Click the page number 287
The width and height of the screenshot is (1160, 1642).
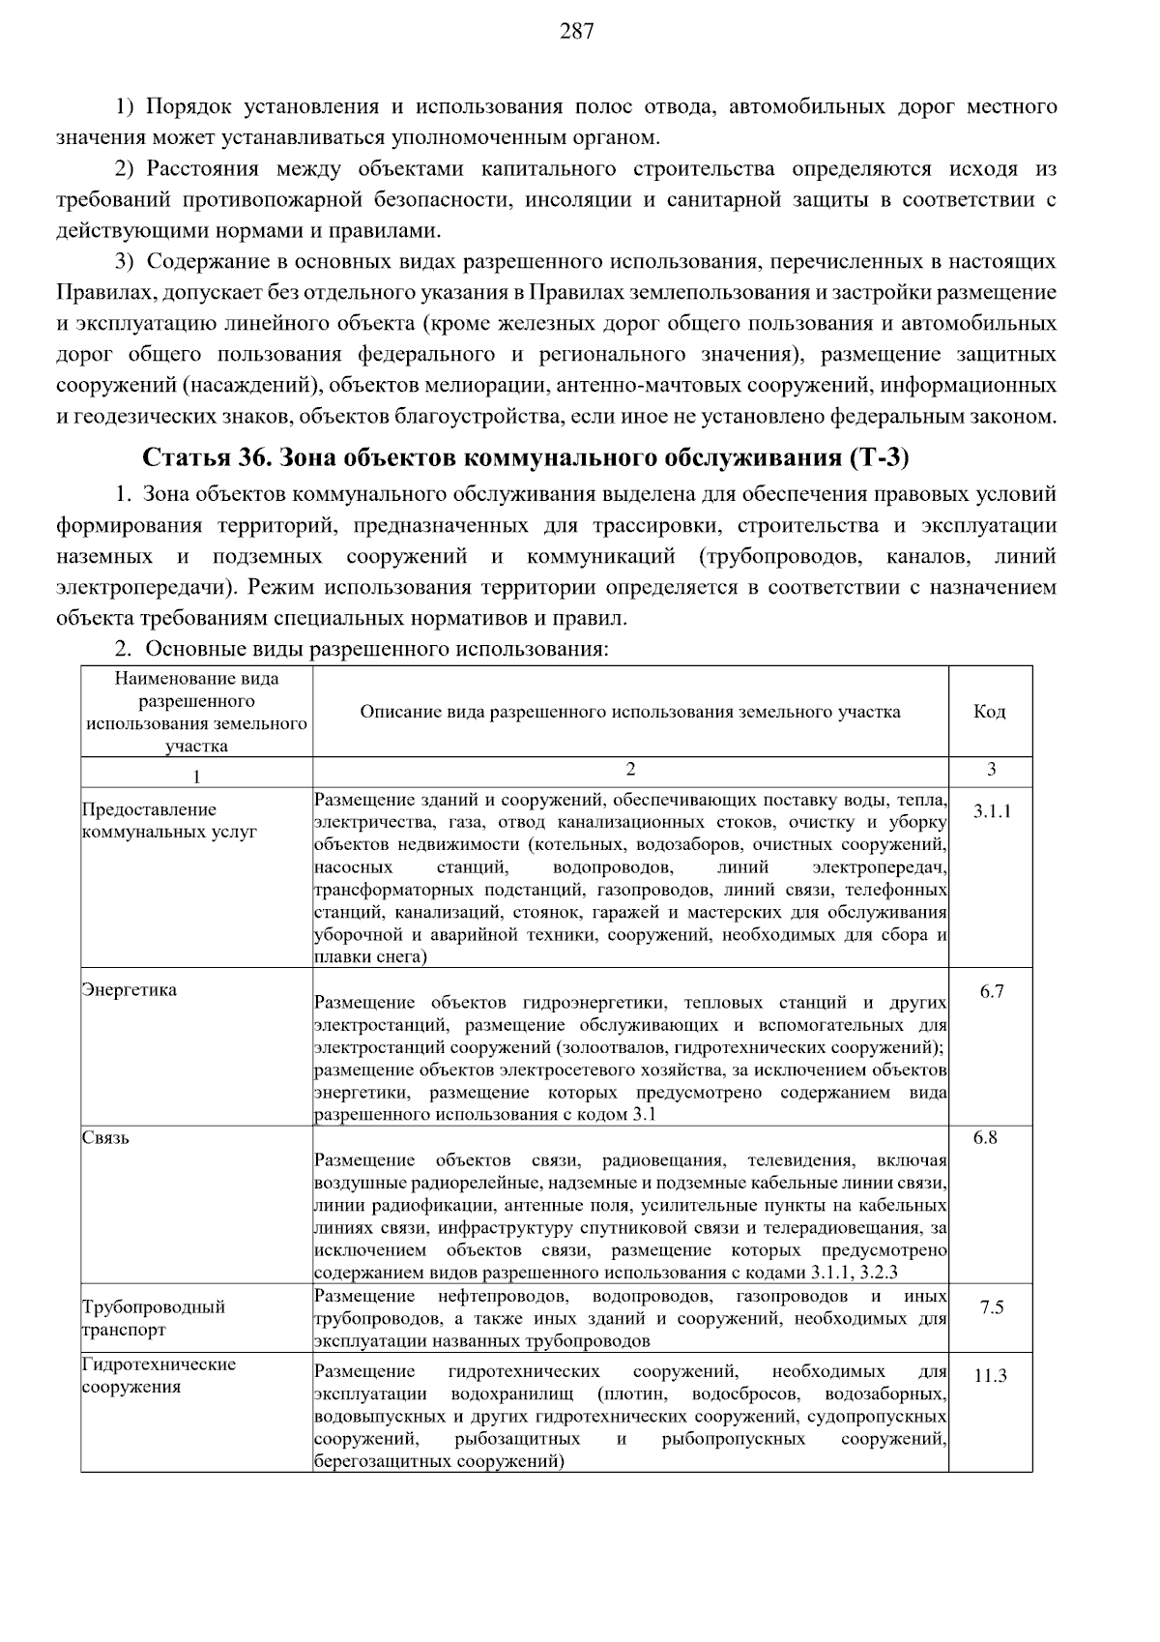(x=576, y=32)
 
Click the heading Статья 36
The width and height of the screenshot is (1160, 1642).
(x=199, y=456)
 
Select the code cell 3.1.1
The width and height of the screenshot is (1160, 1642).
(x=991, y=810)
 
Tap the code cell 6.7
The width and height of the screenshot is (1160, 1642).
(x=991, y=991)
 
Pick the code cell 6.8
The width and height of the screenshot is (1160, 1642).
(x=985, y=1137)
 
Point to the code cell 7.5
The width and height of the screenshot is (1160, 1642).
(x=991, y=1307)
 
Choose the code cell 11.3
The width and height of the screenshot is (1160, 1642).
(x=990, y=1375)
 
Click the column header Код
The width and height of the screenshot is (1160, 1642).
(x=989, y=712)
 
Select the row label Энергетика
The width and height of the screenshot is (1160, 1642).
(x=129, y=990)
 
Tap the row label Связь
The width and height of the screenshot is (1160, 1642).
(x=105, y=1137)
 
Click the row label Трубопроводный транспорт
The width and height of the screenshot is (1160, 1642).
(x=153, y=1318)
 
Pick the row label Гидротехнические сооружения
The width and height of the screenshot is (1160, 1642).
(x=159, y=1375)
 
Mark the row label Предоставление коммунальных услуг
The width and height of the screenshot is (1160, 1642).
(x=169, y=821)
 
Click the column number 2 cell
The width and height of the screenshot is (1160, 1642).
(x=630, y=770)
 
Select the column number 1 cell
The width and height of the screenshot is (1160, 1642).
(x=196, y=777)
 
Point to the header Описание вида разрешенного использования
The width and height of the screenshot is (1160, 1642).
(x=629, y=712)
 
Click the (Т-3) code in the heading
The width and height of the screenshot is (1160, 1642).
(x=880, y=456)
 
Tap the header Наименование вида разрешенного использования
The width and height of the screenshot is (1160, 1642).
(x=196, y=712)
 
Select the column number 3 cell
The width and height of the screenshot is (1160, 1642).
(x=990, y=770)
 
